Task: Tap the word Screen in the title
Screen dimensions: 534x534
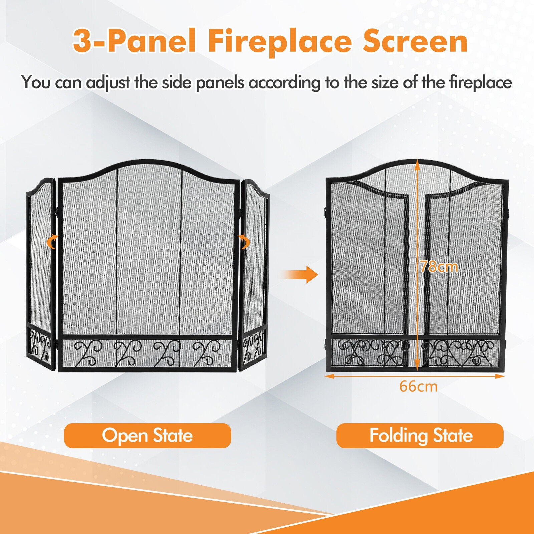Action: (415, 41)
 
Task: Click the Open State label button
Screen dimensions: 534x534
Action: (148, 436)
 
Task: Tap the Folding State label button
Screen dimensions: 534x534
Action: (420, 436)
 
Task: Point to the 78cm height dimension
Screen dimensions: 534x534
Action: (439, 266)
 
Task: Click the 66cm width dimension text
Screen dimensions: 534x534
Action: (419, 386)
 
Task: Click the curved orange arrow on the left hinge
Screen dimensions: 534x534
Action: (52, 242)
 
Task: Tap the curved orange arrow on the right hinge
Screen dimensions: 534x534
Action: (244, 241)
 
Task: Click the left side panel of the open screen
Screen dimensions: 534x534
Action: (41, 274)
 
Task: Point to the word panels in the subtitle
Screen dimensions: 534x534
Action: (220, 83)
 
